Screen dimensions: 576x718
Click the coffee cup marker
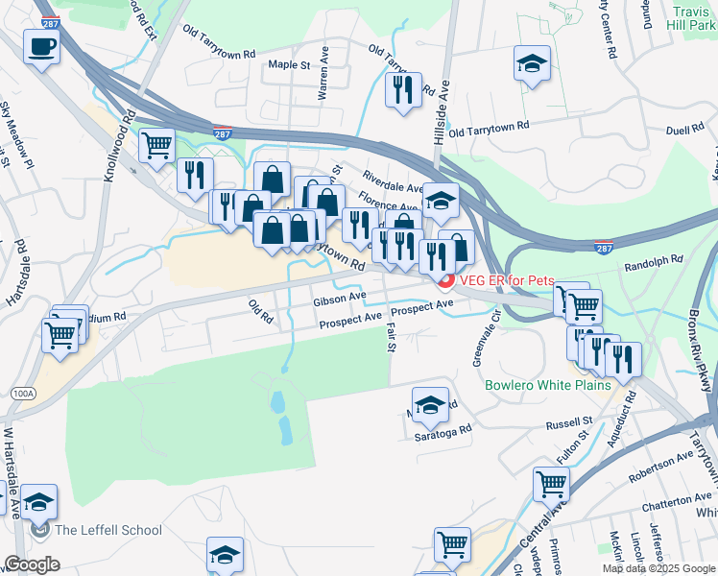[41, 46]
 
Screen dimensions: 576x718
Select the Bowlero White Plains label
[548, 385]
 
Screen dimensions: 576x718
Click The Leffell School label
[108, 530]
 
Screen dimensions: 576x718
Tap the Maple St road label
[290, 65]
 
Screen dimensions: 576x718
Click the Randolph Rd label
[653, 259]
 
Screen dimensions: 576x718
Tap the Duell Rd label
[684, 128]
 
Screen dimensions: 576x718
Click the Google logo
[32, 564]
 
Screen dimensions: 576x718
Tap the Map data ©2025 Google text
[658, 568]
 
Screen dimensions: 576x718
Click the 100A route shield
[19, 394]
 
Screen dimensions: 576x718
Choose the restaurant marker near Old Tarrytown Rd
[402, 90]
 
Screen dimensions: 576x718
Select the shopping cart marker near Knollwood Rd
[156, 146]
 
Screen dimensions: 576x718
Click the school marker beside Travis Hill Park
[531, 63]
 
